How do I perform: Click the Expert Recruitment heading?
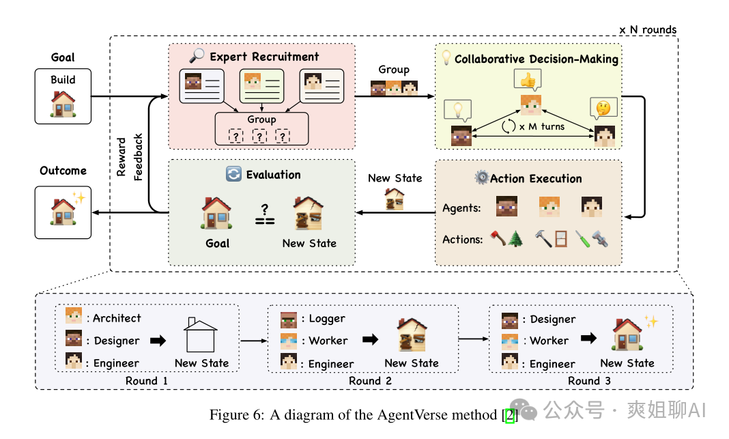point(264,57)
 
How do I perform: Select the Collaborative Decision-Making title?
point(537,59)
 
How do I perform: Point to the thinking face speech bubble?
point(603,108)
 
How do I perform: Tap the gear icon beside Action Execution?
point(481,178)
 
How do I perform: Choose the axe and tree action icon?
point(506,239)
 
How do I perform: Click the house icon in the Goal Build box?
point(63,103)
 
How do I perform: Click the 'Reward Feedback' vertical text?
point(130,157)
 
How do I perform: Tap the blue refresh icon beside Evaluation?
point(233,175)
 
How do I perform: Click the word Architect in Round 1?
point(117,318)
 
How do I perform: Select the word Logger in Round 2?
point(327,319)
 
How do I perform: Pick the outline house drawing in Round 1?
point(200,335)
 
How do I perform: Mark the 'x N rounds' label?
point(647,30)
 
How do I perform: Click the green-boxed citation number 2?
point(509,415)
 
